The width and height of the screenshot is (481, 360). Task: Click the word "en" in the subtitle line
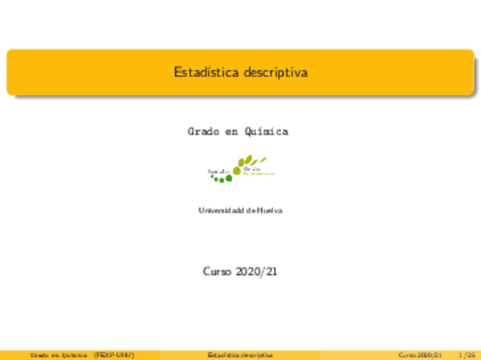[231, 132]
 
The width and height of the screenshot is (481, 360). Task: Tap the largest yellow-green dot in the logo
[237, 170]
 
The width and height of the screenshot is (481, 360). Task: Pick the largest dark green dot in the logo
[229, 178]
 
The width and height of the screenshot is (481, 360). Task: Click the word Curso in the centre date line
[216, 272]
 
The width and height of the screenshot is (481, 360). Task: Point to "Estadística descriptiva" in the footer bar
[240, 355]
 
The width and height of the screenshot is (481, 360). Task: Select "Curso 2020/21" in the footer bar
[420, 355]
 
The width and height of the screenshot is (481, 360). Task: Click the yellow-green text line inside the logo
[259, 173]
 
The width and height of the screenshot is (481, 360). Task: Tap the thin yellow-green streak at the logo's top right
[263, 160]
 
